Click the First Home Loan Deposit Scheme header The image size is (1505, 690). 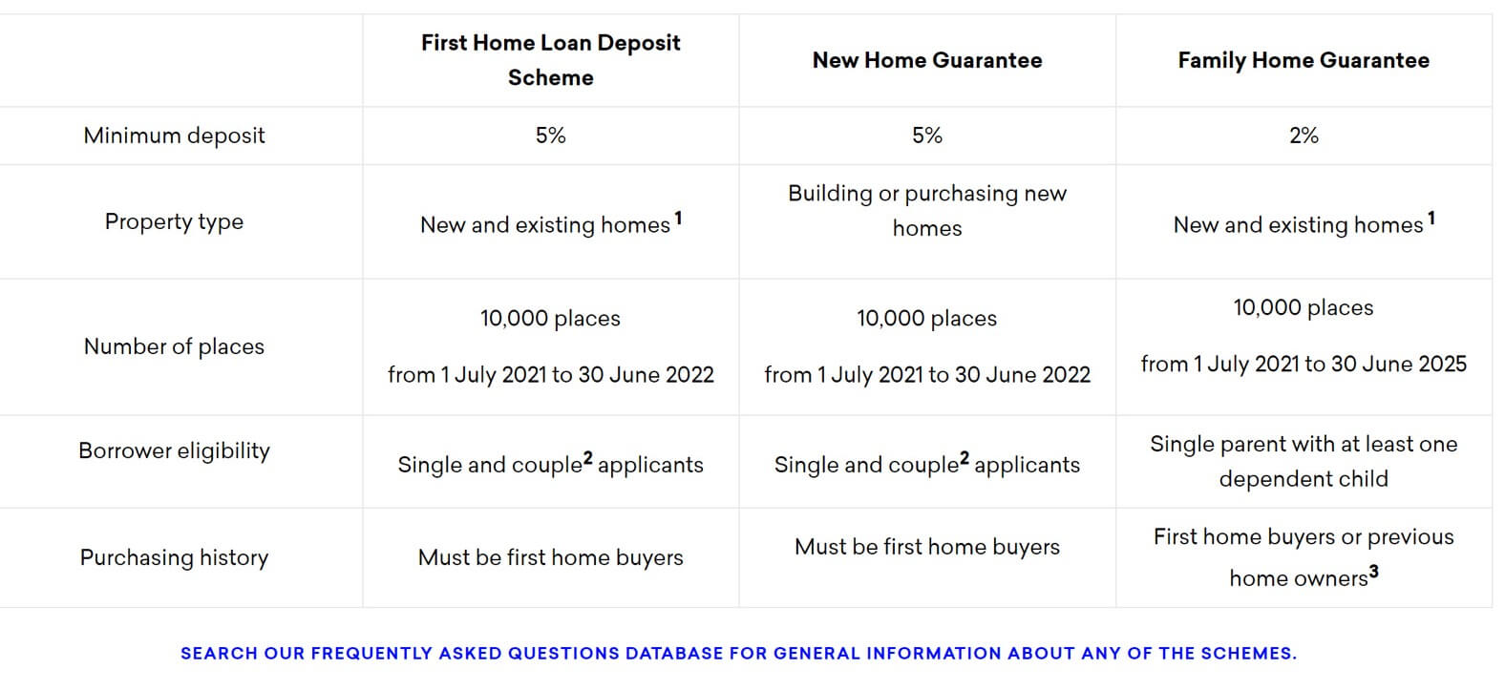click(x=550, y=60)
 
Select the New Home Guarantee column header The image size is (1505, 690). click(x=927, y=60)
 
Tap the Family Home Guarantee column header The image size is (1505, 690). click(x=1304, y=60)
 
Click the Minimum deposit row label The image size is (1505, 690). click(x=174, y=136)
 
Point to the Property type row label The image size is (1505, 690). click(x=174, y=222)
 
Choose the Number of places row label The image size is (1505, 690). click(x=174, y=346)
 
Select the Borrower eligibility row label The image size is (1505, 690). click(x=174, y=450)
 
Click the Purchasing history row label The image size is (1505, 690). click(x=174, y=557)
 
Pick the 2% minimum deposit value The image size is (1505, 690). click(x=1304, y=136)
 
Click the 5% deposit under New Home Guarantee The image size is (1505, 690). click(x=927, y=136)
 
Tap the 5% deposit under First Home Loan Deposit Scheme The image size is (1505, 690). click(x=550, y=136)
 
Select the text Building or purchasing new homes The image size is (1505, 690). click(x=927, y=211)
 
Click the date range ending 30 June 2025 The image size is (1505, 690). click(x=1304, y=364)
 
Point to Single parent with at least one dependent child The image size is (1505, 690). click(x=1304, y=461)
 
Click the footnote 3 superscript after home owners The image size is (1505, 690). click(x=1374, y=572)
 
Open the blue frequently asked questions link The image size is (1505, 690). click(x=738, y=653)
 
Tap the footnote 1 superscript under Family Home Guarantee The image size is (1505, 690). click(x=1431, y=219)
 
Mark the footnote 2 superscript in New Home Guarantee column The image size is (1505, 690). click(x=964, y=458)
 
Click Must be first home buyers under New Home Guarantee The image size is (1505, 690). click(x=927, y=547)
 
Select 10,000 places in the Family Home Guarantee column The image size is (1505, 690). click(x=1304, y=307)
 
